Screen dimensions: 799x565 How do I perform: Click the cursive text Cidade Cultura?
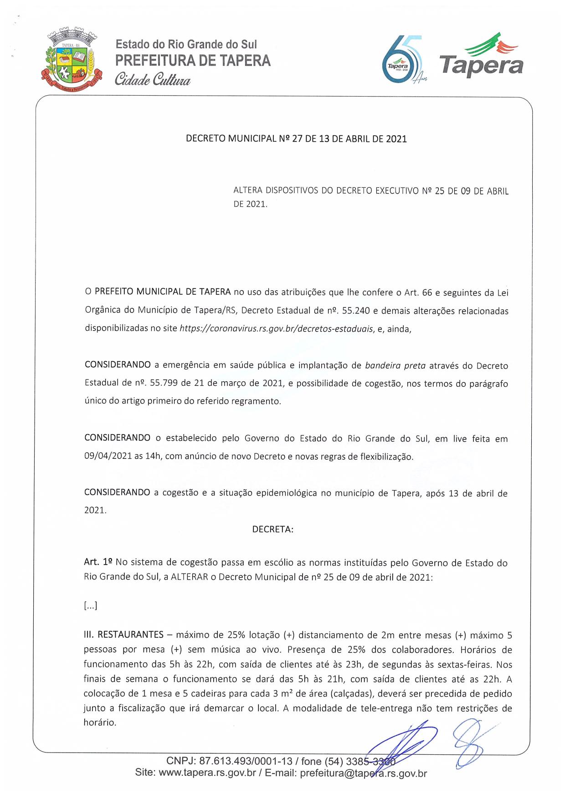(152, 80)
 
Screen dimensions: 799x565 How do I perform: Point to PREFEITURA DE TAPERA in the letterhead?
(193, 61)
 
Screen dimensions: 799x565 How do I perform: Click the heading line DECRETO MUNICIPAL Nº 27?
(296, 139)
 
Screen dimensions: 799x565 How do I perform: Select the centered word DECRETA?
(273, 529)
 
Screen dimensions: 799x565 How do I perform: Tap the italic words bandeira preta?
(395, 365)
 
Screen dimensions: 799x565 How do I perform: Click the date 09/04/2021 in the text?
(108, 456)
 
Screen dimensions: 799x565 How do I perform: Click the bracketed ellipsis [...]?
(91, 606)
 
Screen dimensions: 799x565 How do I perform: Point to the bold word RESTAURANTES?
(130, 635)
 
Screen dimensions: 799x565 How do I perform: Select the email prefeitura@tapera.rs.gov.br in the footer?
(363, 773)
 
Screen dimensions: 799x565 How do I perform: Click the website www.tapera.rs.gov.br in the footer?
(207, 773)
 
